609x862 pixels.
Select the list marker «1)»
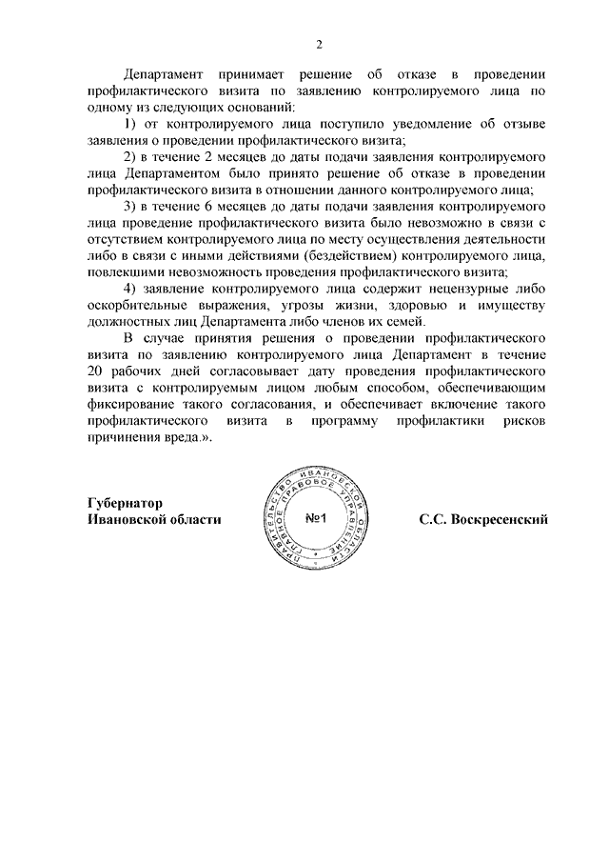click(131, 126)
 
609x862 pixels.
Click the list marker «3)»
click(131, 206)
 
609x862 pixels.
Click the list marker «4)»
click(131, 289)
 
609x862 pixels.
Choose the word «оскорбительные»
click(134, 306)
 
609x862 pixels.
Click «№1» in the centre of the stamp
click(317, 519)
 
